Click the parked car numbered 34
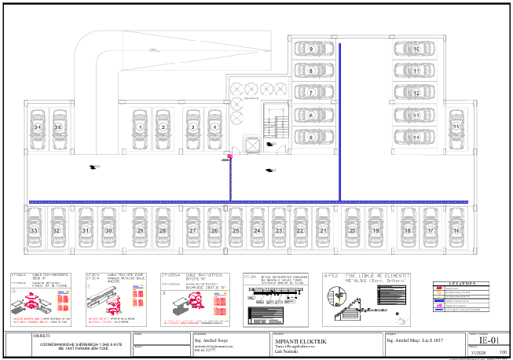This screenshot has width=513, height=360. (37, 126)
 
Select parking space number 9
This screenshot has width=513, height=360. (312, 49)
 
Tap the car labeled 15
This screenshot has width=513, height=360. (456, 126)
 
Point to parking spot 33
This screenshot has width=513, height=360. (34, 230)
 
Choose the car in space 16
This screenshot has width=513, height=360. (456, 230)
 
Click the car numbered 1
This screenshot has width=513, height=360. (140, 126)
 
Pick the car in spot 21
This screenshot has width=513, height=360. (322, 230)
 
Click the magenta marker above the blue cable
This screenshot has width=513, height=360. (230, 156)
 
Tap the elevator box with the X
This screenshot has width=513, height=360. (252, 145)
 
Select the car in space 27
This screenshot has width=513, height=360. (192, 230)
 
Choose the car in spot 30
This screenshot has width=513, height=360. (108, 230)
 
